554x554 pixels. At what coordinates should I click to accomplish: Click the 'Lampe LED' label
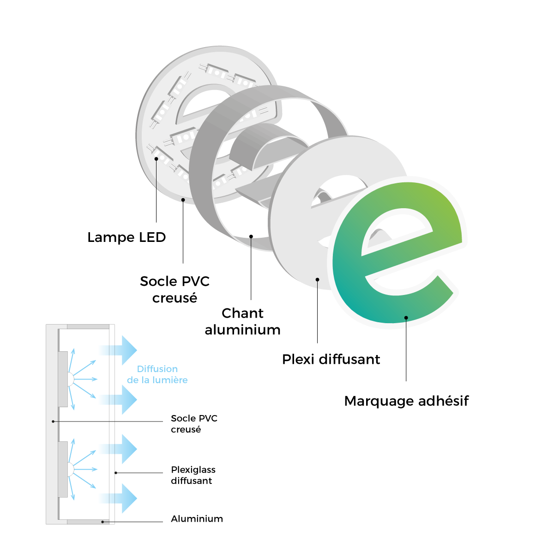[x=126, y=237]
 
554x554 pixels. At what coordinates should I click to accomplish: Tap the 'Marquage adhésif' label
[x=406, y=401]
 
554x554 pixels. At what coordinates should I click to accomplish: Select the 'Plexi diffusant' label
[x=331, y=359]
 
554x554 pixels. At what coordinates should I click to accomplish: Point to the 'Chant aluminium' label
[x=243, y=321]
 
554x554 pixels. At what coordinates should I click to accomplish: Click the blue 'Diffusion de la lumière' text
[x=157, y=374]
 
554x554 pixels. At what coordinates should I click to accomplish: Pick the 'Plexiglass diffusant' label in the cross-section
[x=193, y=475]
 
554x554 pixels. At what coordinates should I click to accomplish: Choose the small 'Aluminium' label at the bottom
[x=197, y=519]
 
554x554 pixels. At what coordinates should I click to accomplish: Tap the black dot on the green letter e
[x=406, y=318]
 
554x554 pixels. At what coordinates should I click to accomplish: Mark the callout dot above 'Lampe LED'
[x=157, y=159]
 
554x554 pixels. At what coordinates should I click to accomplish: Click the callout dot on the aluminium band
[x=251, y=236]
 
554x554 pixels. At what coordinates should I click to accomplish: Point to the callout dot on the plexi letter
[x=318, y=279]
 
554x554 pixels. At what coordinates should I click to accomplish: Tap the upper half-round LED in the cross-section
[x=71, y=379]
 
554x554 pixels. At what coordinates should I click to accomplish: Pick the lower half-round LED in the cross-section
[x=71, y=470]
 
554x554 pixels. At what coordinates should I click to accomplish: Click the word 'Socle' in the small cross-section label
[x=183, y=418]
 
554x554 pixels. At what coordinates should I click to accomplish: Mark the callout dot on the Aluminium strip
[x=102, y=522]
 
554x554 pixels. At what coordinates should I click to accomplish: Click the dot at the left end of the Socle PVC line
[x=54, y=421]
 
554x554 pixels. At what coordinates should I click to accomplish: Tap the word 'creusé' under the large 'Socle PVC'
[x=175, y=298]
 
